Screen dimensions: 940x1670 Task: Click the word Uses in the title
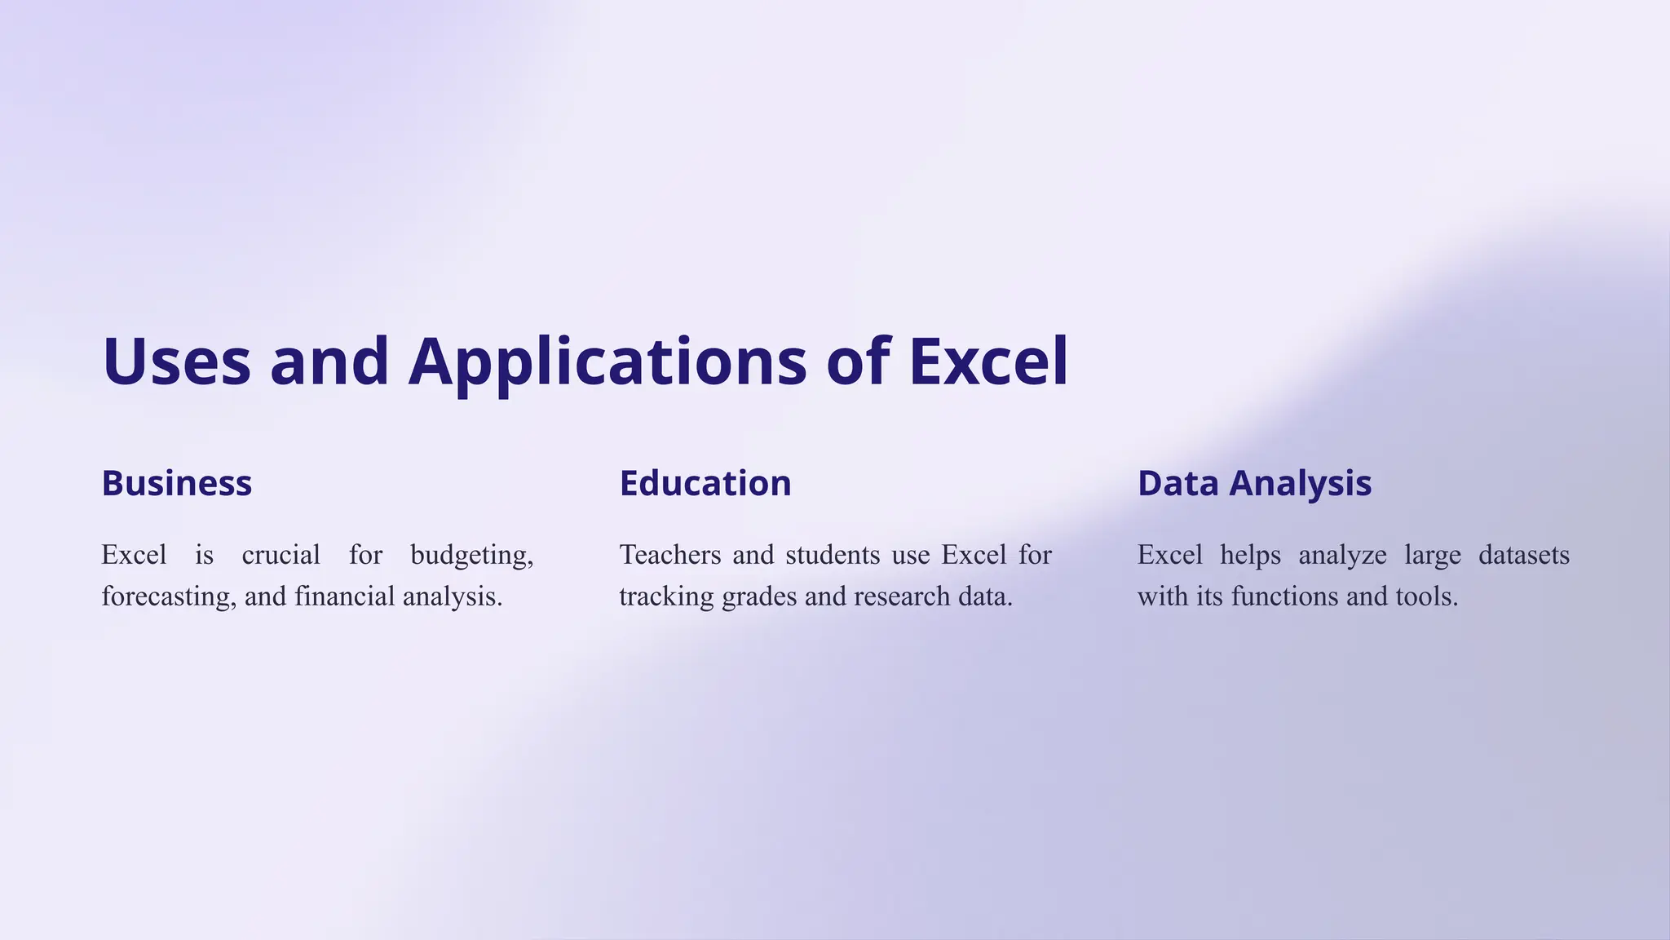coord(176,361)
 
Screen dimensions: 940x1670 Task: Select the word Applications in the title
coord(607,361)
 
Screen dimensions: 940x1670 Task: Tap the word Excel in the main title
coord(987,361)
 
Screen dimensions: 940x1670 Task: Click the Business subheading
coord(176,483)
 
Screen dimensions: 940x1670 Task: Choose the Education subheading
coord(705,483)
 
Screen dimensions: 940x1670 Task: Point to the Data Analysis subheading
coord(1254,483)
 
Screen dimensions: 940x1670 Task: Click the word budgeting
coord(471,556)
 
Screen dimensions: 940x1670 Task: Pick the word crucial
coord(281,556)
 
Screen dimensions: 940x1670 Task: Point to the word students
coord(833,556)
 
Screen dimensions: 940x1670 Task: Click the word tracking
coord(666,597)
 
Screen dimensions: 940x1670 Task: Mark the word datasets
coord(1523,556)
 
